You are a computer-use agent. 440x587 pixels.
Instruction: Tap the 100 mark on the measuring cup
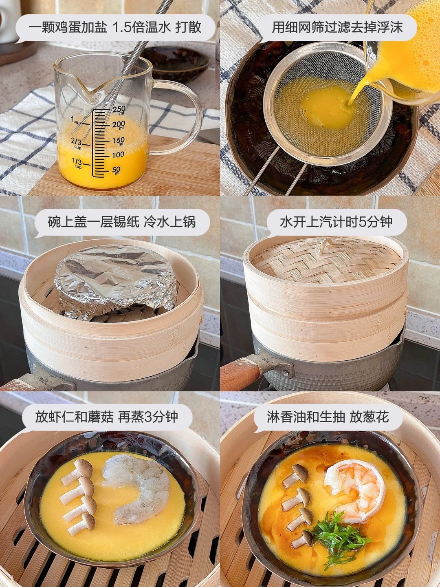(118, 155)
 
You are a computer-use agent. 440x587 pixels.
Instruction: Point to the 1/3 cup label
(78, 163)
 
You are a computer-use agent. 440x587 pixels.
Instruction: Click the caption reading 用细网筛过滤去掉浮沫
(337, 27)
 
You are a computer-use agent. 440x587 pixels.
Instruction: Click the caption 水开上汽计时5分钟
(336, 222)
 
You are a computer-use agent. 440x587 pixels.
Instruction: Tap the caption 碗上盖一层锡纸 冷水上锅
(122, 222)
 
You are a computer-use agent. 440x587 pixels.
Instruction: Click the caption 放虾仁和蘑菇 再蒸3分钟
(107, 417)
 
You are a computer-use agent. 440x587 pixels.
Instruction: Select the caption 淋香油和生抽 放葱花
(328, 417)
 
